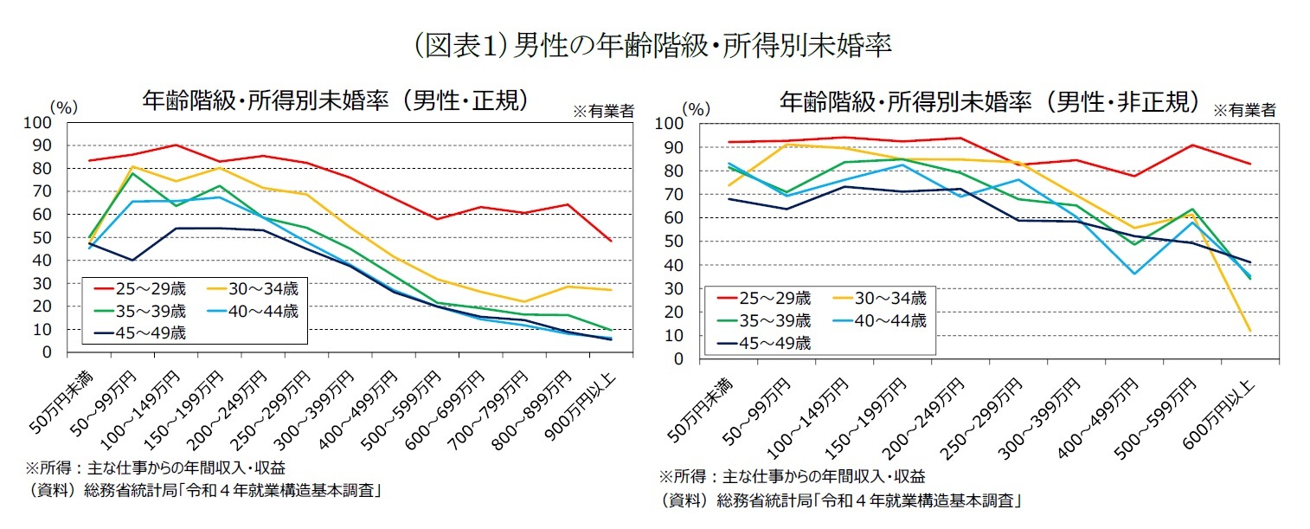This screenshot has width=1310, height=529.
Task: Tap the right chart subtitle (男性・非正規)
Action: tap(989, 102)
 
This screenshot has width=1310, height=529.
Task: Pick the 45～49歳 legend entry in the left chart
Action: tap(142, 332)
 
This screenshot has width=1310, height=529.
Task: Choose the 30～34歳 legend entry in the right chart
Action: tap(883, 299)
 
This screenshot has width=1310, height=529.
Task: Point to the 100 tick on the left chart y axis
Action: tap(39, 123)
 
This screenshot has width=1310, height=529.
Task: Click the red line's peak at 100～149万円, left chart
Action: tap(176, 145)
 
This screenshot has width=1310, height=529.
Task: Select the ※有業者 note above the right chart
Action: tap(1244, 110)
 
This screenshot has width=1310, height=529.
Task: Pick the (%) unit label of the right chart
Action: tap(697, 109)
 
